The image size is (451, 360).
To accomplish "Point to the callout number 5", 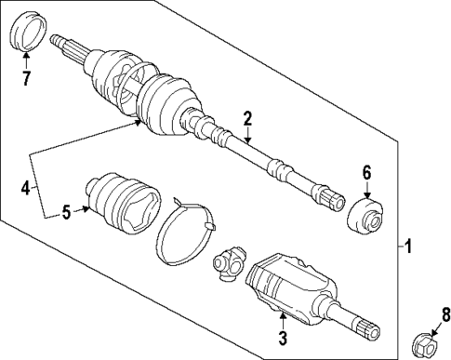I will click(67, 212).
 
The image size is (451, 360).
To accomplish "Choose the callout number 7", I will click(27, 78).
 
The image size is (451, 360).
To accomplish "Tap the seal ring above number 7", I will click(27, 33).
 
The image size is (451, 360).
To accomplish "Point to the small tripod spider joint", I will click(229, 264).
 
